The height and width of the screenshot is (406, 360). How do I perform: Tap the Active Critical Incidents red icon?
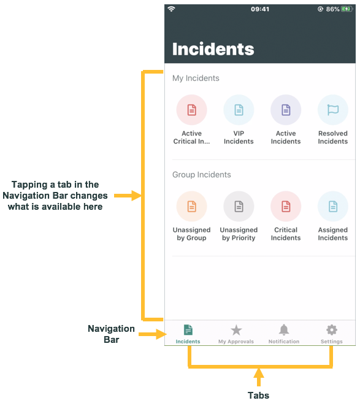[x=191, y=110]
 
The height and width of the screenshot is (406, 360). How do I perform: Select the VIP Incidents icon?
[x=239, y=110]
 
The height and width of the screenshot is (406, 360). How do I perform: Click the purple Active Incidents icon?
[x=286, y=110]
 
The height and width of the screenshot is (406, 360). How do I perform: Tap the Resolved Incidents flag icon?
[x=332, y=110]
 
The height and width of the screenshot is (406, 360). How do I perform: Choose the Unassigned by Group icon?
[x=191, y=207]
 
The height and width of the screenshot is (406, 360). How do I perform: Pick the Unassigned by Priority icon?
[x=239, y=207]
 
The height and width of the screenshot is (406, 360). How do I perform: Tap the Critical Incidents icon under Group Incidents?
[x=286, y=207]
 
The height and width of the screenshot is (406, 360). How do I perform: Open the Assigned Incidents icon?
[x=332, y=207]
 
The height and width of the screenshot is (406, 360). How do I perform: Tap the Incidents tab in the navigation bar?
[x=188, y=334]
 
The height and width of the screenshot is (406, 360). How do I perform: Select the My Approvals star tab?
[x=236, y=334]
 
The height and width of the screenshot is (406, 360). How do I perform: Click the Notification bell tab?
[x=284, y=334]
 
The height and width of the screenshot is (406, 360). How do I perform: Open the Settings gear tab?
[x=332, y=334]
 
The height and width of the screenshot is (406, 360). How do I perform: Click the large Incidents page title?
[x=213, y=49]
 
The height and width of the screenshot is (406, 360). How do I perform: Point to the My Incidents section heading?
[x=196, y=79]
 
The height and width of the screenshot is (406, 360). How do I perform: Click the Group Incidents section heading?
[x=202, y=175]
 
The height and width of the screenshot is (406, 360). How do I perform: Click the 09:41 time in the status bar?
[x=260, y=9]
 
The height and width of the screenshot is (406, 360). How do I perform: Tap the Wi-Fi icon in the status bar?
[x=172, y=9]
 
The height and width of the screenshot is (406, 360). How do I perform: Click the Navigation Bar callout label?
[x=111, y=334]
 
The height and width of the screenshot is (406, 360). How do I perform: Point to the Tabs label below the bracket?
[x=258, y=396]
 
